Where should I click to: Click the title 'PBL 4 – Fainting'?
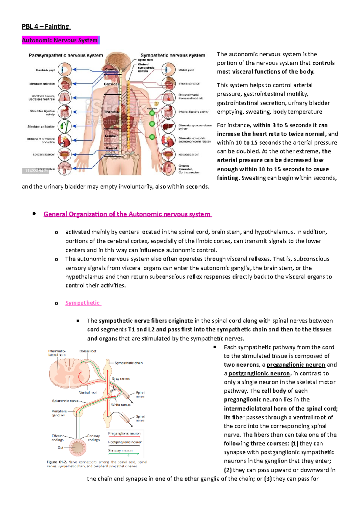coord(46,27)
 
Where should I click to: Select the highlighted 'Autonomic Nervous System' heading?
coord(60,40)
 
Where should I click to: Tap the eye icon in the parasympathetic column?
coord(64,70)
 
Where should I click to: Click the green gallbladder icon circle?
coord(64,126)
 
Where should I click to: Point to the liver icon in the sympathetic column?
coord(169,126)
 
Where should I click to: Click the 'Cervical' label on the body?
coord(111,84)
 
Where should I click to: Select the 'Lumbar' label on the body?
coord(111,136)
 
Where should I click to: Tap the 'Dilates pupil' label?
coord(186,70)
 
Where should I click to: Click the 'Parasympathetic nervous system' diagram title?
coord(66,55)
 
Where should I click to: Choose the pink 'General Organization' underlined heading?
coord(127,214)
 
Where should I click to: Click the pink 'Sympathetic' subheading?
coord(82,303)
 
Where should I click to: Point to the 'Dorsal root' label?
coord(88,351)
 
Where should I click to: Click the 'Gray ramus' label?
coord(121,379)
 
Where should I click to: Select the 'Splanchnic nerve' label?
coord(65,400)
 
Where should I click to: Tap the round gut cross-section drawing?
coord(77,448)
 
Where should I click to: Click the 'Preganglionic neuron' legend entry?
coord(124,433)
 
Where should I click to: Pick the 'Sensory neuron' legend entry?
coord(120,451)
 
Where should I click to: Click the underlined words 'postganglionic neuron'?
coord(259,373)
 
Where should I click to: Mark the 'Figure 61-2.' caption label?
coord(56,462)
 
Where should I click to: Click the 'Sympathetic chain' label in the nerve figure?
coord(128,363)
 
